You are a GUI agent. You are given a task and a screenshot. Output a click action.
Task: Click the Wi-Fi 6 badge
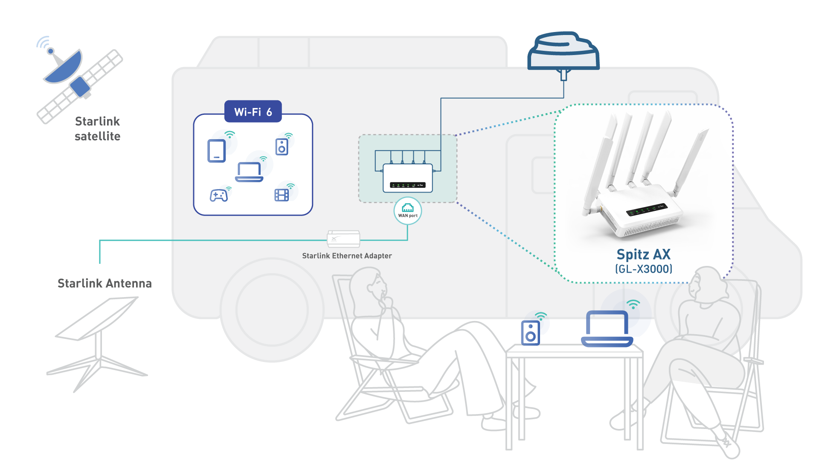(253, 112)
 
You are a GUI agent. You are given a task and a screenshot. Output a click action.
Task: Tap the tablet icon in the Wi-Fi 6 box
(216, 151)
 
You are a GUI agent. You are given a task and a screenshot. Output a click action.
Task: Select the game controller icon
(218, 195)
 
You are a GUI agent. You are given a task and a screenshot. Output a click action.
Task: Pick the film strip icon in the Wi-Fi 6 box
(282, 195)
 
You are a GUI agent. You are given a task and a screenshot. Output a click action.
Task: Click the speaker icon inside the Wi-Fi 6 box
(282, 147)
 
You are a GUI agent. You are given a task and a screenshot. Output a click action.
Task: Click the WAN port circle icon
(408, 210)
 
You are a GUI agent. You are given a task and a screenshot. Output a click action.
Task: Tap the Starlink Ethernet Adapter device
(343, 239)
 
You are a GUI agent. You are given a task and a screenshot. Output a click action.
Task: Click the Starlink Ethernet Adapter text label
(347, 256)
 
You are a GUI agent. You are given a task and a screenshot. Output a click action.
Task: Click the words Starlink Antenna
(105, 283)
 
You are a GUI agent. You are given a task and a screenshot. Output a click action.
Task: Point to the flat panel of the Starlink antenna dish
(97, 318)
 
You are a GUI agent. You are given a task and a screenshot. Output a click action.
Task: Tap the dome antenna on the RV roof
(563, 51)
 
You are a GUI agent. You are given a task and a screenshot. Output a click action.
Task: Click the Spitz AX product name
(643, 254)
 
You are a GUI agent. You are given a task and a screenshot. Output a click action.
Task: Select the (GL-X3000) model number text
(643, 269)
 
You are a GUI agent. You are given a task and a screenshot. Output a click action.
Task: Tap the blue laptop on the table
(607, 328)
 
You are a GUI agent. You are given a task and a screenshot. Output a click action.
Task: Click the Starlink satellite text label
(98, 128)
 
